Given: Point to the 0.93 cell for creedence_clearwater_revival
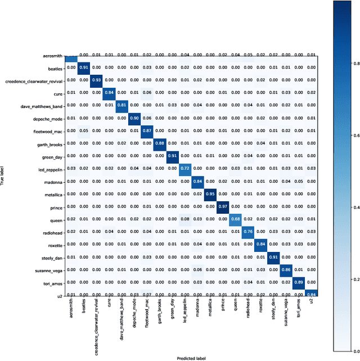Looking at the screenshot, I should [x=97, y=79].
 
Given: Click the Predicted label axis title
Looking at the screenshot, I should [x=191, y=357].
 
